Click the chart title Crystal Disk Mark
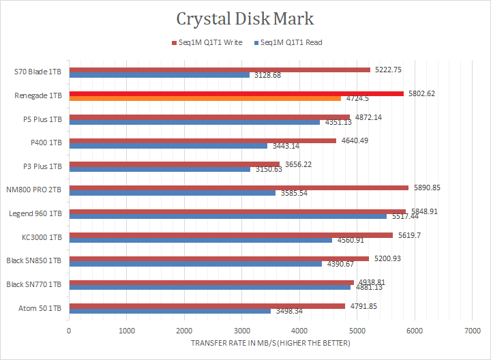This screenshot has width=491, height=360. (245, 18)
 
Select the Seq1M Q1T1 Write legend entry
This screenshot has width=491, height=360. (209, 42)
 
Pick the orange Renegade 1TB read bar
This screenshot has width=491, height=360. (205, 99)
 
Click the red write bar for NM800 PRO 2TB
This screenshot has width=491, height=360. (239, 187)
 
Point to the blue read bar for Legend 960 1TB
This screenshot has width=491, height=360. (228, 216)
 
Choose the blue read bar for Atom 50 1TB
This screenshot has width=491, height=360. (170, 310)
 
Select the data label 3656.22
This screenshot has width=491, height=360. (297, 164)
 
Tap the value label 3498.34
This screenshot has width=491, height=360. (289, 311)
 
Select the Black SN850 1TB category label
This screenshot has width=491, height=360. (34, 260)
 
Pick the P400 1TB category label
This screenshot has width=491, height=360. (46, 142)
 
